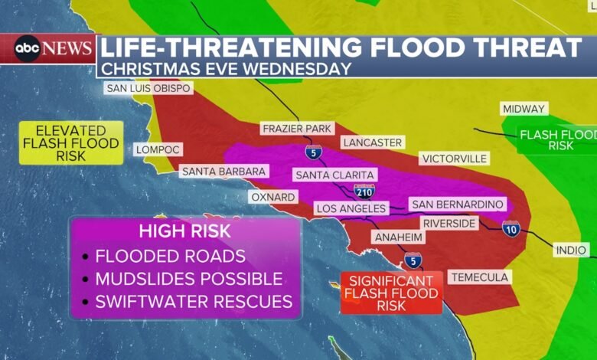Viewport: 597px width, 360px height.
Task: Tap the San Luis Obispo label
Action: point(148,88)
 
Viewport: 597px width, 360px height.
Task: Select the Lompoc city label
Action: point(159,150)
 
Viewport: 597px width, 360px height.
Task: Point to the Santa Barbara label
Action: point(223,172)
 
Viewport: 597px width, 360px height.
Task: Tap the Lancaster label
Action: point(372,142)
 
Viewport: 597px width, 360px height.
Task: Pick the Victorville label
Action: point(454,159)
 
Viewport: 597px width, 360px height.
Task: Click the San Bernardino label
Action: point(457,205)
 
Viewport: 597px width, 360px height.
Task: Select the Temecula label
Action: point(480,277)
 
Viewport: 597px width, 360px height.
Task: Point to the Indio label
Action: point(572,250)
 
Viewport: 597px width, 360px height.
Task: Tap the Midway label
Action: point(524,109)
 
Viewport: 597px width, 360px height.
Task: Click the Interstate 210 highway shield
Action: point(364,191)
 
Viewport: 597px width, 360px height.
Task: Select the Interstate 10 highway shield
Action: point(511,227)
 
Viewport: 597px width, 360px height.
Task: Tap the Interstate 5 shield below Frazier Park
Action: point(313,151)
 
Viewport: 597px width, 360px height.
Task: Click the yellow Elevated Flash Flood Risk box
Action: point(70,142)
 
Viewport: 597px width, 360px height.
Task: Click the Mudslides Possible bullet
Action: point(188,279)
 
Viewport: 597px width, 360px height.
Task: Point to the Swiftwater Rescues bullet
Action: point(193,302)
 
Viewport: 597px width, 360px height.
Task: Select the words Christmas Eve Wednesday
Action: point(227,68)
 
